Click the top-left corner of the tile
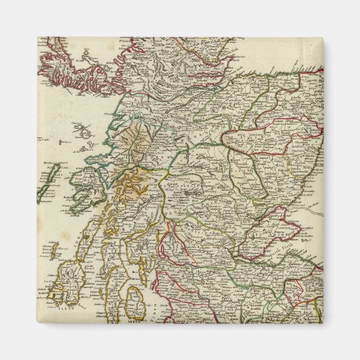(37, 37)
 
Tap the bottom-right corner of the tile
(323, 323)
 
